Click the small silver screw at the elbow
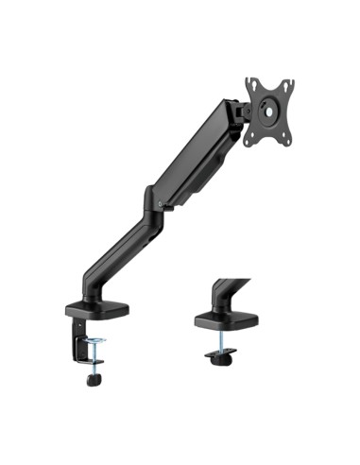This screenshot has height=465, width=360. [x=163, y=201]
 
